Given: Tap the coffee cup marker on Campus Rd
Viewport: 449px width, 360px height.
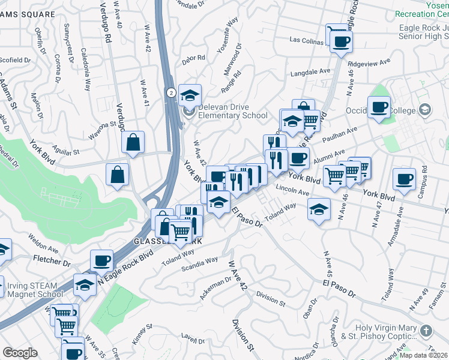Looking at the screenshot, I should tap(404, 179).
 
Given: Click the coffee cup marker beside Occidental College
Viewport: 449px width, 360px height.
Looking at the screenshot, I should tap(379, 107).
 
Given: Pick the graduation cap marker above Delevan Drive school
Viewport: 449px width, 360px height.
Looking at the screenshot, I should tap(190, 95).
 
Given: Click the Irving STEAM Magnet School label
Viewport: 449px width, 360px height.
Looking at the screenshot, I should tap(34, 289).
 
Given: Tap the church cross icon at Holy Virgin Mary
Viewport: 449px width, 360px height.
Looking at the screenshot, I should tap(426, 331).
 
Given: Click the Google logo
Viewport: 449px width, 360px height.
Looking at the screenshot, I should tap(20, 352).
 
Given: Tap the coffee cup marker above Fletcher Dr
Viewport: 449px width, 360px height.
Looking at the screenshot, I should tap(101, 261).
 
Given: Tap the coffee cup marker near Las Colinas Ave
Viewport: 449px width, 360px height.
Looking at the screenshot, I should tap(341, 41).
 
